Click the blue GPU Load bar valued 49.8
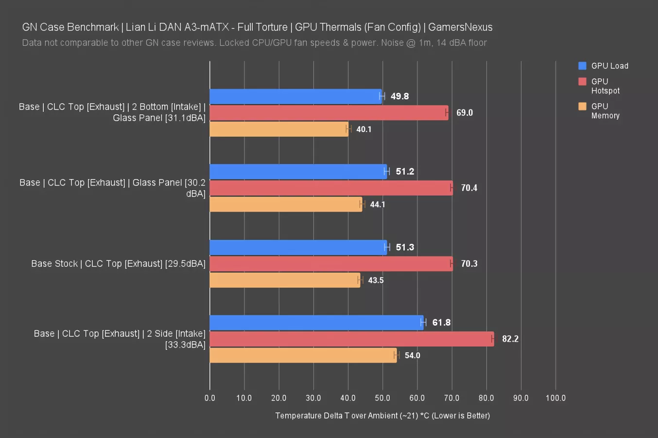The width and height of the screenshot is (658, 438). pos(295,96)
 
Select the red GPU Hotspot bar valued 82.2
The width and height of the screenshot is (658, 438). pos(351,339)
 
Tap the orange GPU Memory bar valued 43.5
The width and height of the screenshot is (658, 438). pos(285,280)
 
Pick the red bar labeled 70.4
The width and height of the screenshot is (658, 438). pos(331,188)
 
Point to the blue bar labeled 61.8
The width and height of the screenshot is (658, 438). pos(316,323)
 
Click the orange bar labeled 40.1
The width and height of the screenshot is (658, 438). pos(279,129)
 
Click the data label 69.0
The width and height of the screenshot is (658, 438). pos(464,113)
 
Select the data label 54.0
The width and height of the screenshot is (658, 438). pos(412,356)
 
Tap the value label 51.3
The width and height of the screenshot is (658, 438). pos(405,247)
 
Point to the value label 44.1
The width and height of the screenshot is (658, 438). pos(377,204)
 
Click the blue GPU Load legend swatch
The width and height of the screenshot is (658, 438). pos(582,66)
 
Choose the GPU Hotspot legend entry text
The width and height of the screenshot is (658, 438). pos(605,86)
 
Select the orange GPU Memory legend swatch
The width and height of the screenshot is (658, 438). pos(582,106)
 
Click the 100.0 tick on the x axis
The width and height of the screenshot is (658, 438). pos(555,398)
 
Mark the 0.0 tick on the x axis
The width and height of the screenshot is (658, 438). pos(210,398)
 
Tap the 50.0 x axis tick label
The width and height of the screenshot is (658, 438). pos(382,398)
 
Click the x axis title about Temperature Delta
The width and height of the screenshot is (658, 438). pos(382,416)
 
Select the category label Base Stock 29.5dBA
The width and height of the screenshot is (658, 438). pos(118,264)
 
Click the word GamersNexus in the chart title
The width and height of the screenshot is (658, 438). pos(460,27)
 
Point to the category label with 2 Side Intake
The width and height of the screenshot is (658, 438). pos(120,339)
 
